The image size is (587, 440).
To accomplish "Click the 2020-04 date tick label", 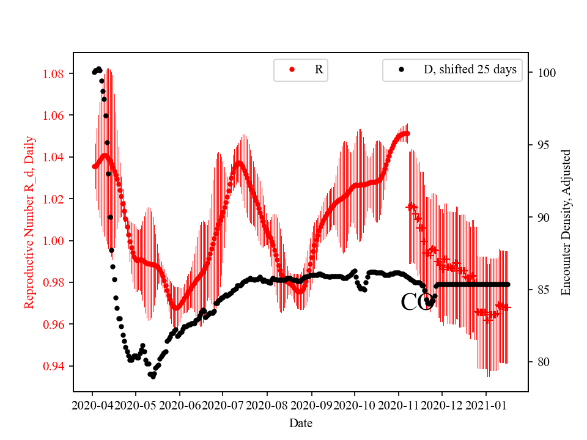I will pos(92,405).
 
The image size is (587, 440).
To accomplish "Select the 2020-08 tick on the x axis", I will pos(267,405).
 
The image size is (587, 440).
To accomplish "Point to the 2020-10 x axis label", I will pos(355,405).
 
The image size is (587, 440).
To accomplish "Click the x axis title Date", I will pos(301,422).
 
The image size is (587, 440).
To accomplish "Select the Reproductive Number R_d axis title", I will pos(29,222).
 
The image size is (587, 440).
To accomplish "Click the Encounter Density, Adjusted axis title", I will pos(566,222).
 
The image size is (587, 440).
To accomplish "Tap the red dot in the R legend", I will pos(292,70).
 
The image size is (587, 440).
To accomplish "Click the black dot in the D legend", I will pos(401,70).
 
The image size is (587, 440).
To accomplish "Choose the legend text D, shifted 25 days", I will pos(470,70).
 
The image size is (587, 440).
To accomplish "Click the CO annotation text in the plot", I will pos(417,302).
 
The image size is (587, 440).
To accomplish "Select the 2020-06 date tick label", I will pos(180,405).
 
